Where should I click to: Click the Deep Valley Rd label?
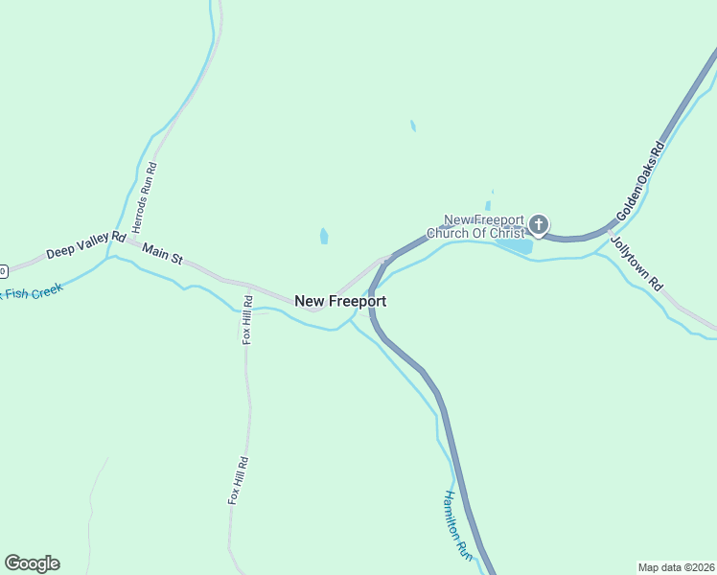tap(86, 244)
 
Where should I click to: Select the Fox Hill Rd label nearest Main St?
tap(247, 319)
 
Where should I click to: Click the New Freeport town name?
tap(340, 301)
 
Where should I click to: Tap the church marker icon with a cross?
tap(539, 226)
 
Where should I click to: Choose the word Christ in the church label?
tap(507, 234)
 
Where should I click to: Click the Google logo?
tap(32, 563)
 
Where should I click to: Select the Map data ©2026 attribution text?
tap(676, 566)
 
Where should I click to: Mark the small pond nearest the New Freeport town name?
tap(324, 236)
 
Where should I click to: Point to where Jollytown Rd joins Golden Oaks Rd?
tap(607, 230)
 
